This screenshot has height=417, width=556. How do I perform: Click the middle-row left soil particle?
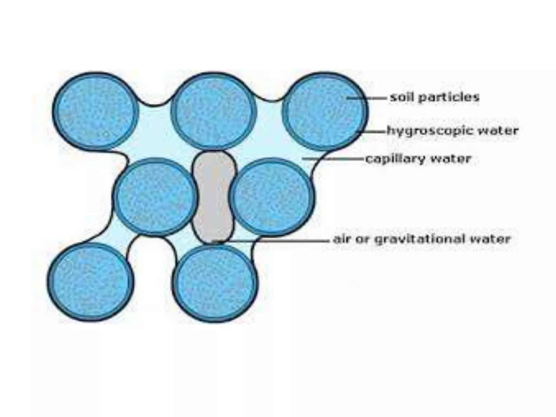(156, 197)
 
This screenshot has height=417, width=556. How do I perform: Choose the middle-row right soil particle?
(271, 197)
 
